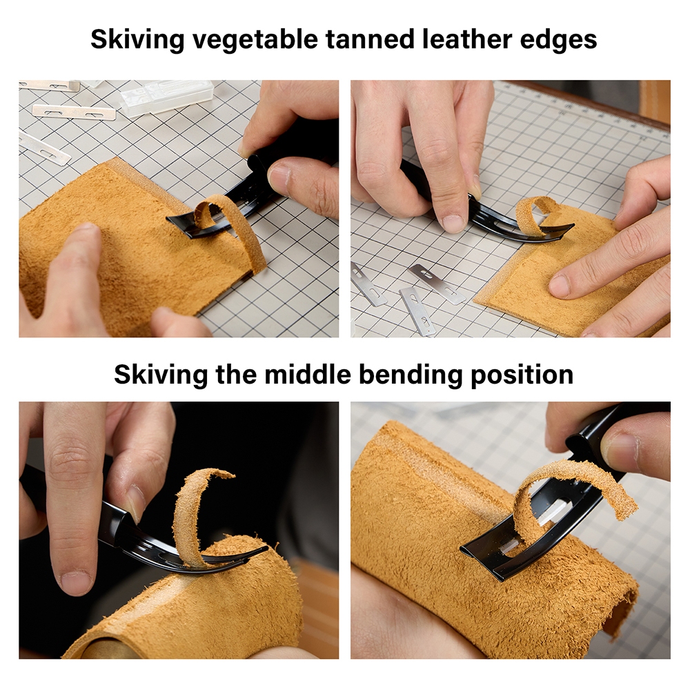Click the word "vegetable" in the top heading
(255, 40)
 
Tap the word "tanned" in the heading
(370, 39)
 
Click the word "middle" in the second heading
(308, 375)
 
